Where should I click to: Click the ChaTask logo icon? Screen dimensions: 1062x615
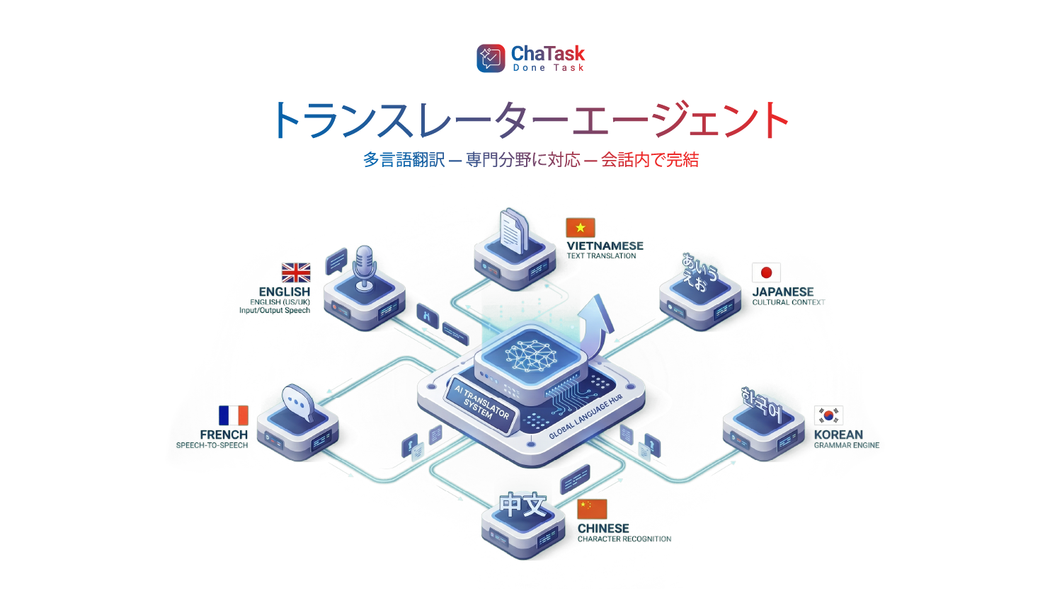[491, 58]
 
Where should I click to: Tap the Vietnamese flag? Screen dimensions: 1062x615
[581, 228]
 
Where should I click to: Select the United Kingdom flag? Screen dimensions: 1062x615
[296, 273]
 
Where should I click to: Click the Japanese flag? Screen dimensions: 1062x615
[766, 273]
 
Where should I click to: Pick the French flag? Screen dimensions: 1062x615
[233, 415]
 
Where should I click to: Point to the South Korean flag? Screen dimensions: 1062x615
[828, 415]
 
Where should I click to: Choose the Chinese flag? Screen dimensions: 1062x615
[592, 510]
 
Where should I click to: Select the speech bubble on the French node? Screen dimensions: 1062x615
[298, 403]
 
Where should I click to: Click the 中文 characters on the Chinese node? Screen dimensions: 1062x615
[523, 505]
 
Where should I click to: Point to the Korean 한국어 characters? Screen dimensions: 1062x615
[761, 402]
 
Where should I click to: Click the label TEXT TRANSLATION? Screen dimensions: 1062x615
[601, 256]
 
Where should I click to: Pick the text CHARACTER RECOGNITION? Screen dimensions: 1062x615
[624, 539]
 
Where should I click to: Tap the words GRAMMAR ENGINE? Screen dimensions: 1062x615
[847, 445]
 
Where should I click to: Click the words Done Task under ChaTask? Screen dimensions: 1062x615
[548, 68]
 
